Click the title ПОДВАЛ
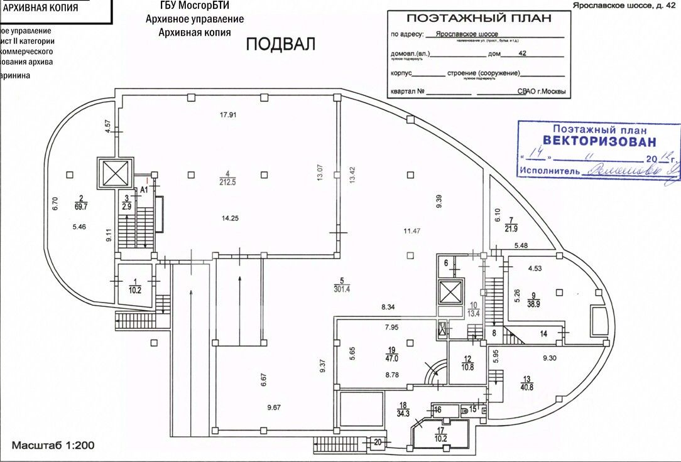280,44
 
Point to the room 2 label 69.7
80,201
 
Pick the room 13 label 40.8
527,383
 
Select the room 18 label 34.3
403,409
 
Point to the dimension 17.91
227,115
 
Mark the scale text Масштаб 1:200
53,445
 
